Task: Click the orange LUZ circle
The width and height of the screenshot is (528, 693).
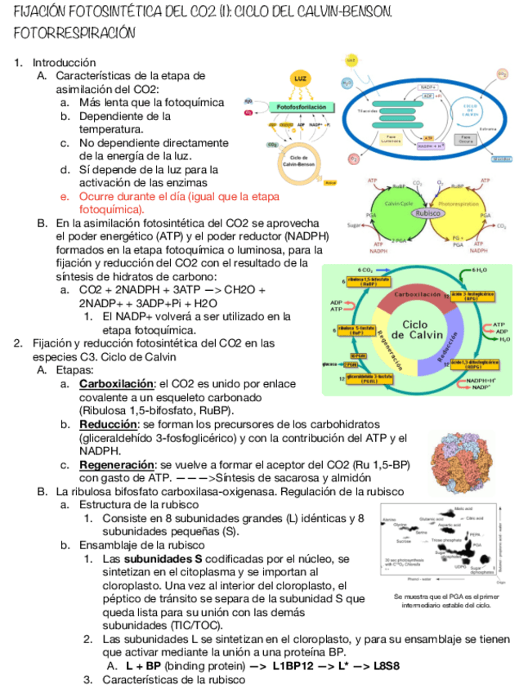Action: click(301, 78)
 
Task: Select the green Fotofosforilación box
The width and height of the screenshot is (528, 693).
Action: click(301, 107)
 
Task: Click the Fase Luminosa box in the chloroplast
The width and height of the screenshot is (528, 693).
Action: click(392, 139)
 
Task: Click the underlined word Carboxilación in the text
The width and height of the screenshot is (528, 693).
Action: click(117, 383)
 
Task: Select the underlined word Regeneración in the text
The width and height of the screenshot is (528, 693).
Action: click(117, 465)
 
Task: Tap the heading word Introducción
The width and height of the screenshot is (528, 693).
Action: click(65, 62)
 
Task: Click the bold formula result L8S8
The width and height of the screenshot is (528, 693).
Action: click(386, 666)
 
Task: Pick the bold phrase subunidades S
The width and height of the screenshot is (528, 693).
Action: click(166, 558)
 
